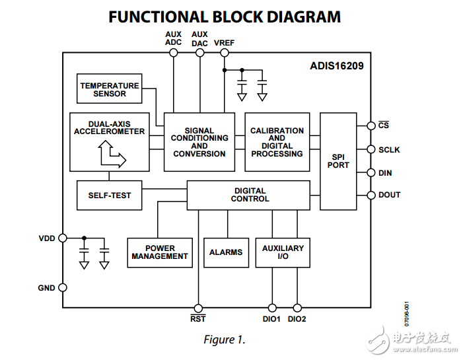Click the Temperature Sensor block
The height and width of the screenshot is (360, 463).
coord(109,89)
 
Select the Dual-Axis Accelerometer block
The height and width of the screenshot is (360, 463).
coord(109,141)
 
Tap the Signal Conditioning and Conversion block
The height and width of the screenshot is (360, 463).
coord(199,142)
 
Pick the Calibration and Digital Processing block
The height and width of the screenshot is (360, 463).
coord(277,142)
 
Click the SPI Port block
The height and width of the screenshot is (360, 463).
coord(338,161)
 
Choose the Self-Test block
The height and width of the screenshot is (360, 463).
coord(109,196)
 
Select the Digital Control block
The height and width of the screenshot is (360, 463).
coord(248,195)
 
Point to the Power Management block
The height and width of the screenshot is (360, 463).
coord(160,252)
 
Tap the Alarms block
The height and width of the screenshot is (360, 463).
coord(226,252)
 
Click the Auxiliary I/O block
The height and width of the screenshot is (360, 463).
coord(283,252)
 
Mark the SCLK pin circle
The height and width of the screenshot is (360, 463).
coord(370,150)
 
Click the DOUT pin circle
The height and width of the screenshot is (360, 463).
coord(370,195)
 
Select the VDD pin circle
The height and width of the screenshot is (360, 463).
coord(63,238)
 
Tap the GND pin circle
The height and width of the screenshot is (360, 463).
coord(63,287)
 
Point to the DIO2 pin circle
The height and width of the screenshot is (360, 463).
coord(297,308)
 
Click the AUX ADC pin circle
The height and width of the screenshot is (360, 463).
coord(174,53)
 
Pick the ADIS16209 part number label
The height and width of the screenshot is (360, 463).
coord(336,66)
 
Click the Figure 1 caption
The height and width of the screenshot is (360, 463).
coord(224,340)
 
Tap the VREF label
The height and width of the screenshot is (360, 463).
coord(224,43)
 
